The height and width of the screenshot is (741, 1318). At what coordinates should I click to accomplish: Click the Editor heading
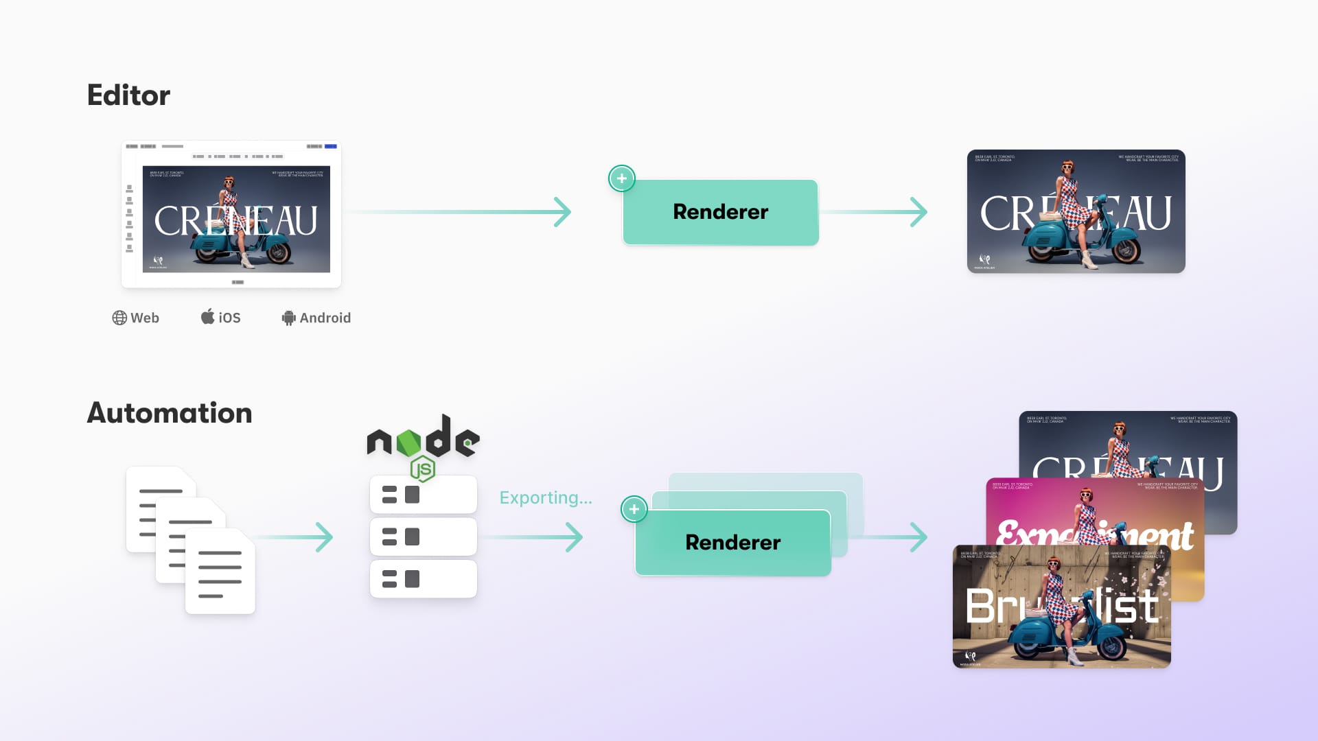128,95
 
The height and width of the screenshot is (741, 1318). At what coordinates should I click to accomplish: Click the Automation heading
170,413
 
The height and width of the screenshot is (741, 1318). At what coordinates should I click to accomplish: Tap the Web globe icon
119,318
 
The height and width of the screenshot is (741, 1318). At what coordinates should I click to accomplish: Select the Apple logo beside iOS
207,316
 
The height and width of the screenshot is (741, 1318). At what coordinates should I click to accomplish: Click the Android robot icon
289,318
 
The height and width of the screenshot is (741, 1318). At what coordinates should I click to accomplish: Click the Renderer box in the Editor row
721,212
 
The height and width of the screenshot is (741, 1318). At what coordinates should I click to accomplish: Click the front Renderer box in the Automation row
732,543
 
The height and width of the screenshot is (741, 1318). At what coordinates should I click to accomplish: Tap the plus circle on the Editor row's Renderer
622,178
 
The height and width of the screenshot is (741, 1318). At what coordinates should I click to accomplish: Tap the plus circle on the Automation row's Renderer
634,509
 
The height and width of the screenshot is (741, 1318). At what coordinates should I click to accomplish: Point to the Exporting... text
546,497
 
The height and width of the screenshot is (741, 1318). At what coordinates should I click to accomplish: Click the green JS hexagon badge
423,469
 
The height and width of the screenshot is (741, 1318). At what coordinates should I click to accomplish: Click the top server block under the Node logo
423,495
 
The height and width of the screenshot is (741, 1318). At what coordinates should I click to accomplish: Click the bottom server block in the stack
423,579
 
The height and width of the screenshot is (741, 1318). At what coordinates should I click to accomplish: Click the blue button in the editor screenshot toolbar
331,146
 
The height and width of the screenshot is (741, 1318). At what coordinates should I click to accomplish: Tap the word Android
325,318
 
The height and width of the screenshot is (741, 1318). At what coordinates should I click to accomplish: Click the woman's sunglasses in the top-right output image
1067,167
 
